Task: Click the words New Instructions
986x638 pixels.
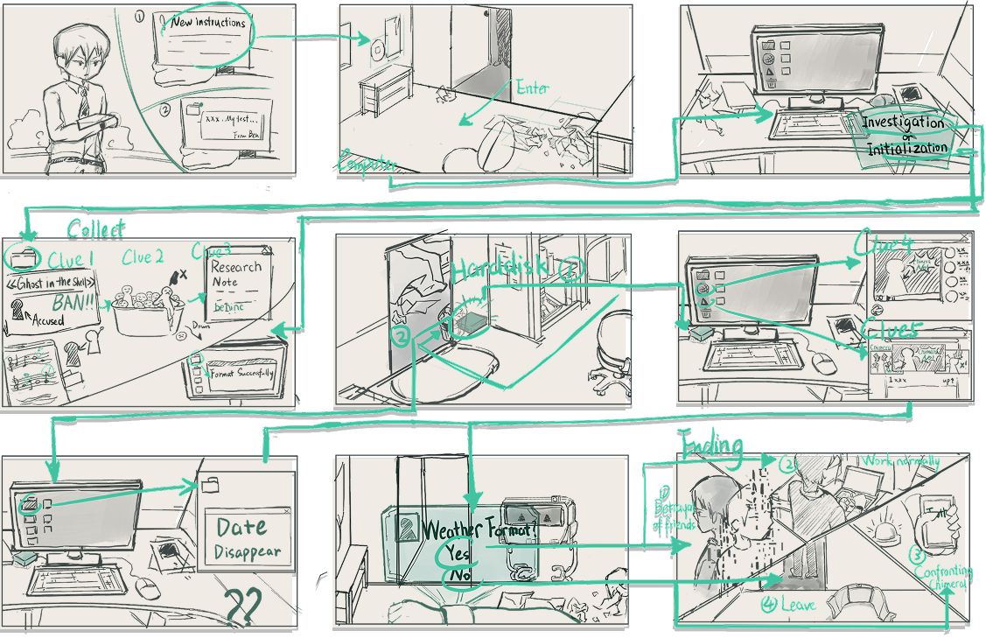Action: point(208,23)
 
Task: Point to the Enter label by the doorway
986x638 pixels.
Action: point(532,88)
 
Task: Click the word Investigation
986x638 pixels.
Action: point(903,123)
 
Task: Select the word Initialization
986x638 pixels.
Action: point(907,148)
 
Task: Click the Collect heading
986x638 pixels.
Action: point(96,228)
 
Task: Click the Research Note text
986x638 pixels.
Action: point(236,274)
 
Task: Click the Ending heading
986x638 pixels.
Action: point(711,445)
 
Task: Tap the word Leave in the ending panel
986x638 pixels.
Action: point(794,605)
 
